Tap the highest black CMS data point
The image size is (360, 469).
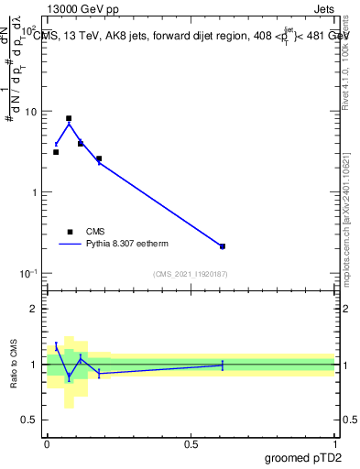pyautogui.click(x=69, y=118)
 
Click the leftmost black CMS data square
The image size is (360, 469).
pyautogui.click(x=56, y=152)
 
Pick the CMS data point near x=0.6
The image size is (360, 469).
pyautogui.click(x=223, y=246)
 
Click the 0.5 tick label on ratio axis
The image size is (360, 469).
pyautogui.click(x=32, y=420)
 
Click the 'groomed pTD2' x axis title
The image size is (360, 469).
pyautogui.click(x=305, y=457)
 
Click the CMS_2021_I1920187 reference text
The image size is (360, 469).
pyautogui.click(x=191, y=274)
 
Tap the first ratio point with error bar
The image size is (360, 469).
pyautogui.click(x=56, y=345)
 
